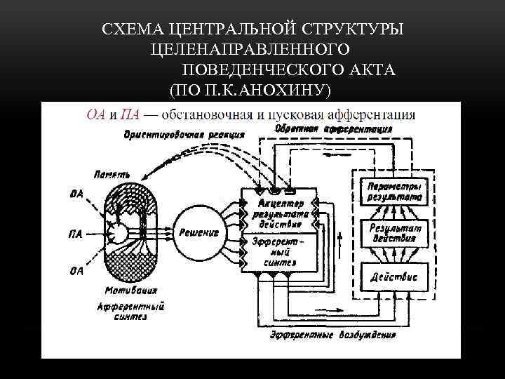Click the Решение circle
(x=198, y=232)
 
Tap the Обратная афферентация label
(x=332, y=129)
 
